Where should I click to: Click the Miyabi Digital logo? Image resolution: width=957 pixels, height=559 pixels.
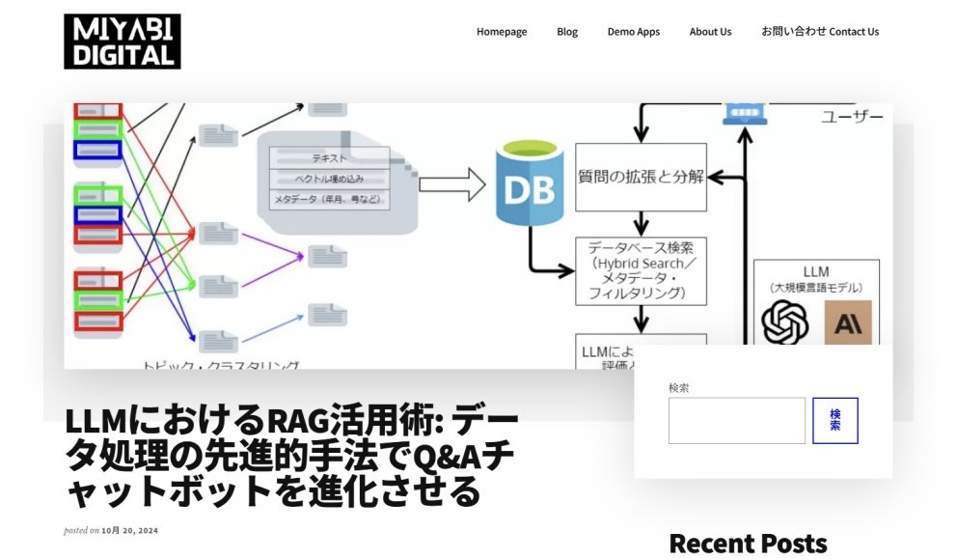(x=123, y=42)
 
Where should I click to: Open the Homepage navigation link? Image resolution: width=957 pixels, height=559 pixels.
(x=502, y=32)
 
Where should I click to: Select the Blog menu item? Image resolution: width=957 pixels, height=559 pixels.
(x=567, y=32)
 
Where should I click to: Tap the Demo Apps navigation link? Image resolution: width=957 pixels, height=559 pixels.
(x=634, y=32)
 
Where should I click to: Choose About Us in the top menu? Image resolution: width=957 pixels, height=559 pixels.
(x=710, y=32)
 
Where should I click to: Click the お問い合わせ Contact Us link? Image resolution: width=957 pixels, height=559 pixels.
(x=820, y=32)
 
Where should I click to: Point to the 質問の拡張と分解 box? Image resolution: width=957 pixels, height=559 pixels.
(x=641, y=178)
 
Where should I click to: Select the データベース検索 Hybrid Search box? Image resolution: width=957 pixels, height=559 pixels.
(x=641, y=270)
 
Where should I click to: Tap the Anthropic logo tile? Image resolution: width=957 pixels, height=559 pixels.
(x=848, y=322)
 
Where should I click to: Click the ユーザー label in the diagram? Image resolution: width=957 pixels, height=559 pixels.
(x=852, y=117)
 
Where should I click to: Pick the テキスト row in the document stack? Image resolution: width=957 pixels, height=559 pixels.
(x=330, y=157)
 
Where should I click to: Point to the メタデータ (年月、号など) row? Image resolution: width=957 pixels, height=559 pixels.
(x=330, y=200)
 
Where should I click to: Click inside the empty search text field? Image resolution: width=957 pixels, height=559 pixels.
(x=736, y=421)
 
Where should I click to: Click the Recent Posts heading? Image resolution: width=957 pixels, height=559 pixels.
(x=748, y=543)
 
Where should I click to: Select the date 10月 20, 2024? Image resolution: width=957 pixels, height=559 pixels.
(x=129, y=530)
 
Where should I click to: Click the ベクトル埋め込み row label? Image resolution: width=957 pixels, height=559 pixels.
(x=330, y=179)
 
